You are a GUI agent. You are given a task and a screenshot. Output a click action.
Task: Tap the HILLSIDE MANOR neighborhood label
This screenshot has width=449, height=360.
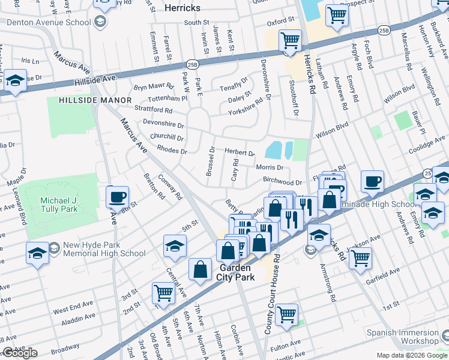click(x=96, y=100)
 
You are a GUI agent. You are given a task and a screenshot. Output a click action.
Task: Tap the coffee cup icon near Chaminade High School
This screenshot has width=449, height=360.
click(x=372, y=181)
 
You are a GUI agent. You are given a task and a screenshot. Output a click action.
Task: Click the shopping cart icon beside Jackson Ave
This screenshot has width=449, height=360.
click(x=360, y=259)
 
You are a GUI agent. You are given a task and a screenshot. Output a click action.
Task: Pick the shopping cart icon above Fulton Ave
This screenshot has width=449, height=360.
click(x=287, y=314)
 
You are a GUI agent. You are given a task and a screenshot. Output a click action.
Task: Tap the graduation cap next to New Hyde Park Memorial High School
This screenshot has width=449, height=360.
click(x=37, y=253)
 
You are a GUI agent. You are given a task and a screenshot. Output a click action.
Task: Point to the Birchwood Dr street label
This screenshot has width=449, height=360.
click(x=282, y=182)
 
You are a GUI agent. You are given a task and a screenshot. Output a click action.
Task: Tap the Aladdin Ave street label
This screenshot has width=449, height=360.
click(x=78, y=318)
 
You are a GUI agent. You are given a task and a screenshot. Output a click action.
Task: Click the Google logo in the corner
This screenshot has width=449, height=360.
click(x=20, y=353)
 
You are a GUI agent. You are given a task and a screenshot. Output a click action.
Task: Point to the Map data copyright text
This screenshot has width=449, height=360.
click(x=411, y=355)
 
